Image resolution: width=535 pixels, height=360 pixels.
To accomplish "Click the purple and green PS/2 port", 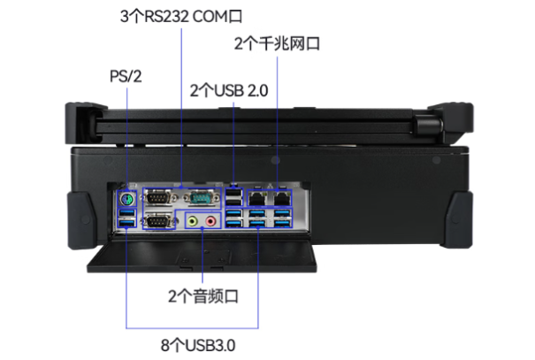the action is [126, 199].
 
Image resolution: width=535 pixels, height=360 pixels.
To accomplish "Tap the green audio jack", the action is [193, 221].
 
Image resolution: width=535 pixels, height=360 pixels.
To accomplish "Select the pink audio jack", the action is [210, 221].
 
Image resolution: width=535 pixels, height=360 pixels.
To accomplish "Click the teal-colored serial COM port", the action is [202, 198].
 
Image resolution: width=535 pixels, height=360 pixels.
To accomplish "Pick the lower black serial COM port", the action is [158, 221].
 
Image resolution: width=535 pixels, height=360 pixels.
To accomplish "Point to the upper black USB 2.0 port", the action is [233, 194].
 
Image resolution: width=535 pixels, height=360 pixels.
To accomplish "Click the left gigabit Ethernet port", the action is [257, 198].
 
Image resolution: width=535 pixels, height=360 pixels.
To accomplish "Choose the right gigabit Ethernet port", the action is [282, 198].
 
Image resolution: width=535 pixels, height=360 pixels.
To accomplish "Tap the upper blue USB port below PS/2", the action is [127, 213].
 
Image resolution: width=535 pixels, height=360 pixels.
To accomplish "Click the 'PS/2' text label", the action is [126, 76].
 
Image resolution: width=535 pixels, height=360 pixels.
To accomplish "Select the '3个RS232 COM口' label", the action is [181, 16].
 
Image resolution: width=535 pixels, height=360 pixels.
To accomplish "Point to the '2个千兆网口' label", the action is [277, 43].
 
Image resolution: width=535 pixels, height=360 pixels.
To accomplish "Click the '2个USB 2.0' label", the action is [229, 90].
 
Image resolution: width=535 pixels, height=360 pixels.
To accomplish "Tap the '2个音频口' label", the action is [203, 295].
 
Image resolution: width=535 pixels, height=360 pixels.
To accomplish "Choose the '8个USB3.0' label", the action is [198, 345].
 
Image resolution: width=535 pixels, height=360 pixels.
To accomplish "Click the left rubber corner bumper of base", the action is [81, 220].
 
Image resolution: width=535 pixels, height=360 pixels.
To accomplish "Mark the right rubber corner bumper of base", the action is [457, 219].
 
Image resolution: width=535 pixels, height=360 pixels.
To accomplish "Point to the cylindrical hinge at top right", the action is [429, 126].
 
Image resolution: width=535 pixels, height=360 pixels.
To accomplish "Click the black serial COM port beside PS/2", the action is [158, 198].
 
